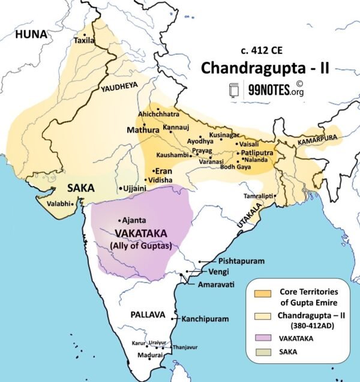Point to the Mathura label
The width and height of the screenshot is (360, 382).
tap(143, 130)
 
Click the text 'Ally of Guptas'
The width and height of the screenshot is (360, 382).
tap(138, 245)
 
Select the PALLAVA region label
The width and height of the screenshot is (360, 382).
tap(148, 314)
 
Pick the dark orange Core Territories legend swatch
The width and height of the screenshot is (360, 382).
tap(262, 292)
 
